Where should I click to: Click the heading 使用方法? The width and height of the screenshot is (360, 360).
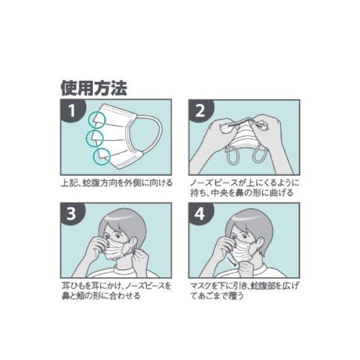94,88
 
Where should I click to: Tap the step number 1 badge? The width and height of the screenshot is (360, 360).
72,110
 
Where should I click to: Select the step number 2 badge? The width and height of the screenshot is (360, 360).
200,110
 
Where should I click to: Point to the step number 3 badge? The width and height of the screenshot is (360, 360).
72,214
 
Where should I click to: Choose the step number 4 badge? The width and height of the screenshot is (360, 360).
200,214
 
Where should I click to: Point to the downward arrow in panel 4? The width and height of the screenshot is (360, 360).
232,262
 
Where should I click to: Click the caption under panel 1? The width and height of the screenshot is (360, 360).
116,183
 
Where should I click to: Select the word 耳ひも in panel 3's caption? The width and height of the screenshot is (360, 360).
73,286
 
